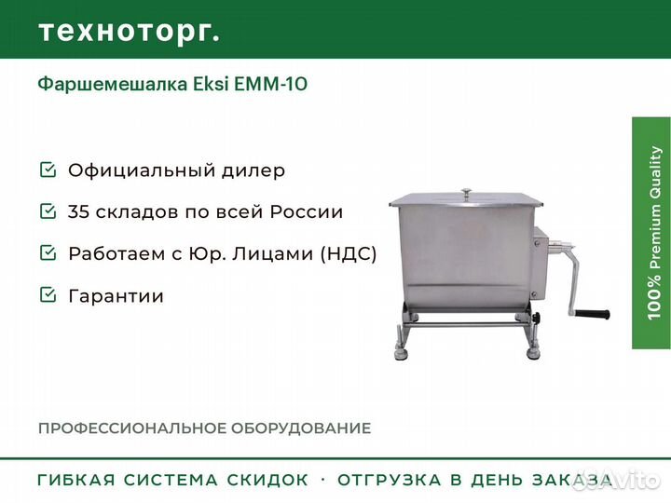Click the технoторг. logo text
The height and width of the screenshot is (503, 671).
[129, 31]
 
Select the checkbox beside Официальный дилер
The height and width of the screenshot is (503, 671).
[47, 170]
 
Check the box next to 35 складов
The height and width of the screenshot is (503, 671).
[47, 211]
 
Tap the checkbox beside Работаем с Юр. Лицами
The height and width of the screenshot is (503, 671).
[47, 252]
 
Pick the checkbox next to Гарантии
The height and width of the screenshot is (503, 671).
[47, 295]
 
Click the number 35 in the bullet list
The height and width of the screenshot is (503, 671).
[80, 211]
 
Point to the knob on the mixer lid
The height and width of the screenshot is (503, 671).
[465, 192]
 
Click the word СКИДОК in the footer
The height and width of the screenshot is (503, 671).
[267, 481]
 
